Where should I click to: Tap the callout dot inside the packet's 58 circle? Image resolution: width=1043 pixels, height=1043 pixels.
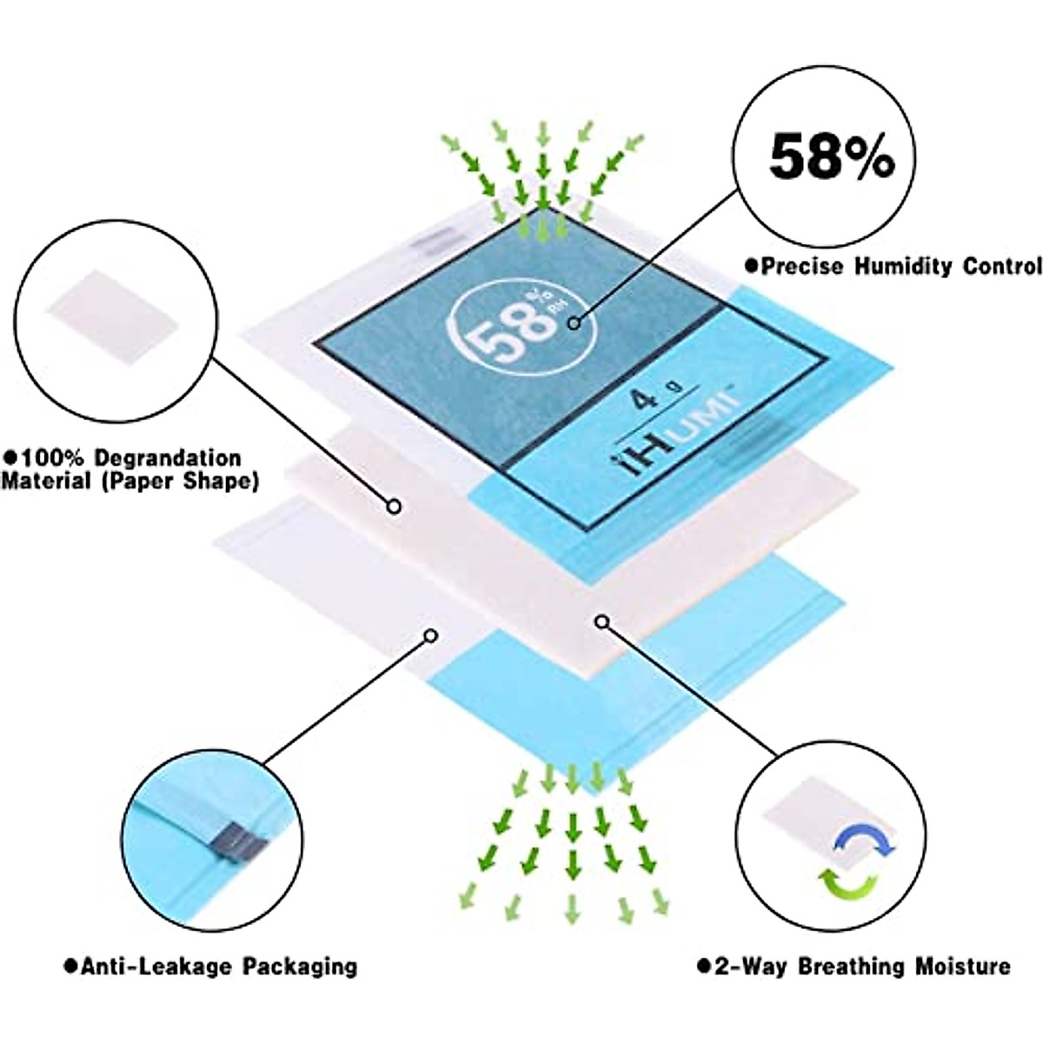click(x=573, y=323)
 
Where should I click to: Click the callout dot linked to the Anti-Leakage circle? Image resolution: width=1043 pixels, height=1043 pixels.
click(x=429, y=635)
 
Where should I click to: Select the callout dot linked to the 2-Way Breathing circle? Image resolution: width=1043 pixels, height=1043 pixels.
click(x=601, y=621)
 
